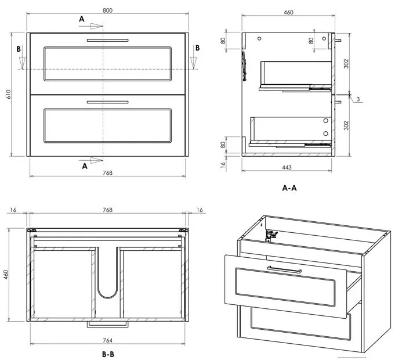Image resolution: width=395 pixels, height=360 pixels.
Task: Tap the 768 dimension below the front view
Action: pyautogui.click(x=107, y=172)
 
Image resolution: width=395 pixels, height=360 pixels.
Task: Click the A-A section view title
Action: pyautogui.click(x=289, y=188)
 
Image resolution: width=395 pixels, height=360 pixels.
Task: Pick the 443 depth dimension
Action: pyautogui.click(x=287, y=167)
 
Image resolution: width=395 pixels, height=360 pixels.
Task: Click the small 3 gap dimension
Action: pyautogui.click(x=358, y=99)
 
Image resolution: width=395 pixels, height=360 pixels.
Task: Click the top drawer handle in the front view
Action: pyautogui.click(x=107, y=39)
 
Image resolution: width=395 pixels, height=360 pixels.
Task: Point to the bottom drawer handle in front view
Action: pyautogui.click(x=107, y=102)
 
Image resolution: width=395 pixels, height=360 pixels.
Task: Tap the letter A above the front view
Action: pyautogui.click(x=82, y=19)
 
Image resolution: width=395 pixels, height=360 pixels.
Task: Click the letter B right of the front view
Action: pyautogui.click(x=197, y=48)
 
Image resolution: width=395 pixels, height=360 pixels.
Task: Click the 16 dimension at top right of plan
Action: pyautogui.click(x=200, y=209)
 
